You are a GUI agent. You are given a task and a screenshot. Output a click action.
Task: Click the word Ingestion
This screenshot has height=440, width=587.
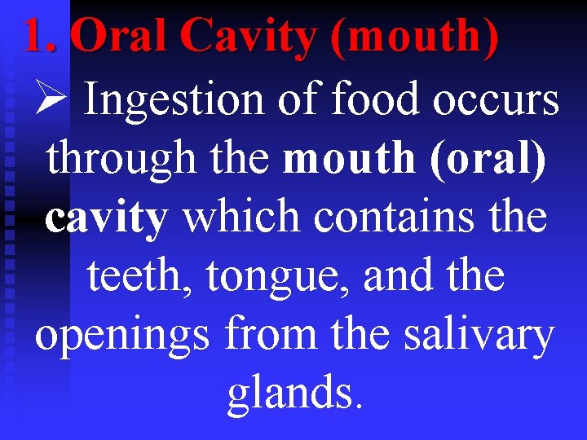pos(174,101)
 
